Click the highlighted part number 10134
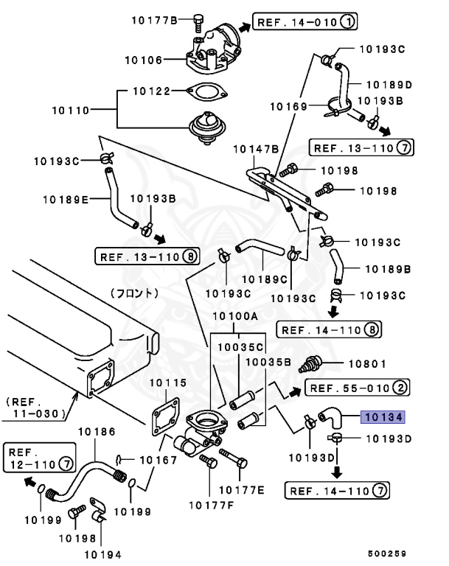coord(382,417)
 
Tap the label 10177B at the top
coord(154,19)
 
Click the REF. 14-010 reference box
coord(305,22)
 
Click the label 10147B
coord(255,149)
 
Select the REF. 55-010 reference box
coord(357,388)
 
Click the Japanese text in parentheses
coord(134,293)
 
